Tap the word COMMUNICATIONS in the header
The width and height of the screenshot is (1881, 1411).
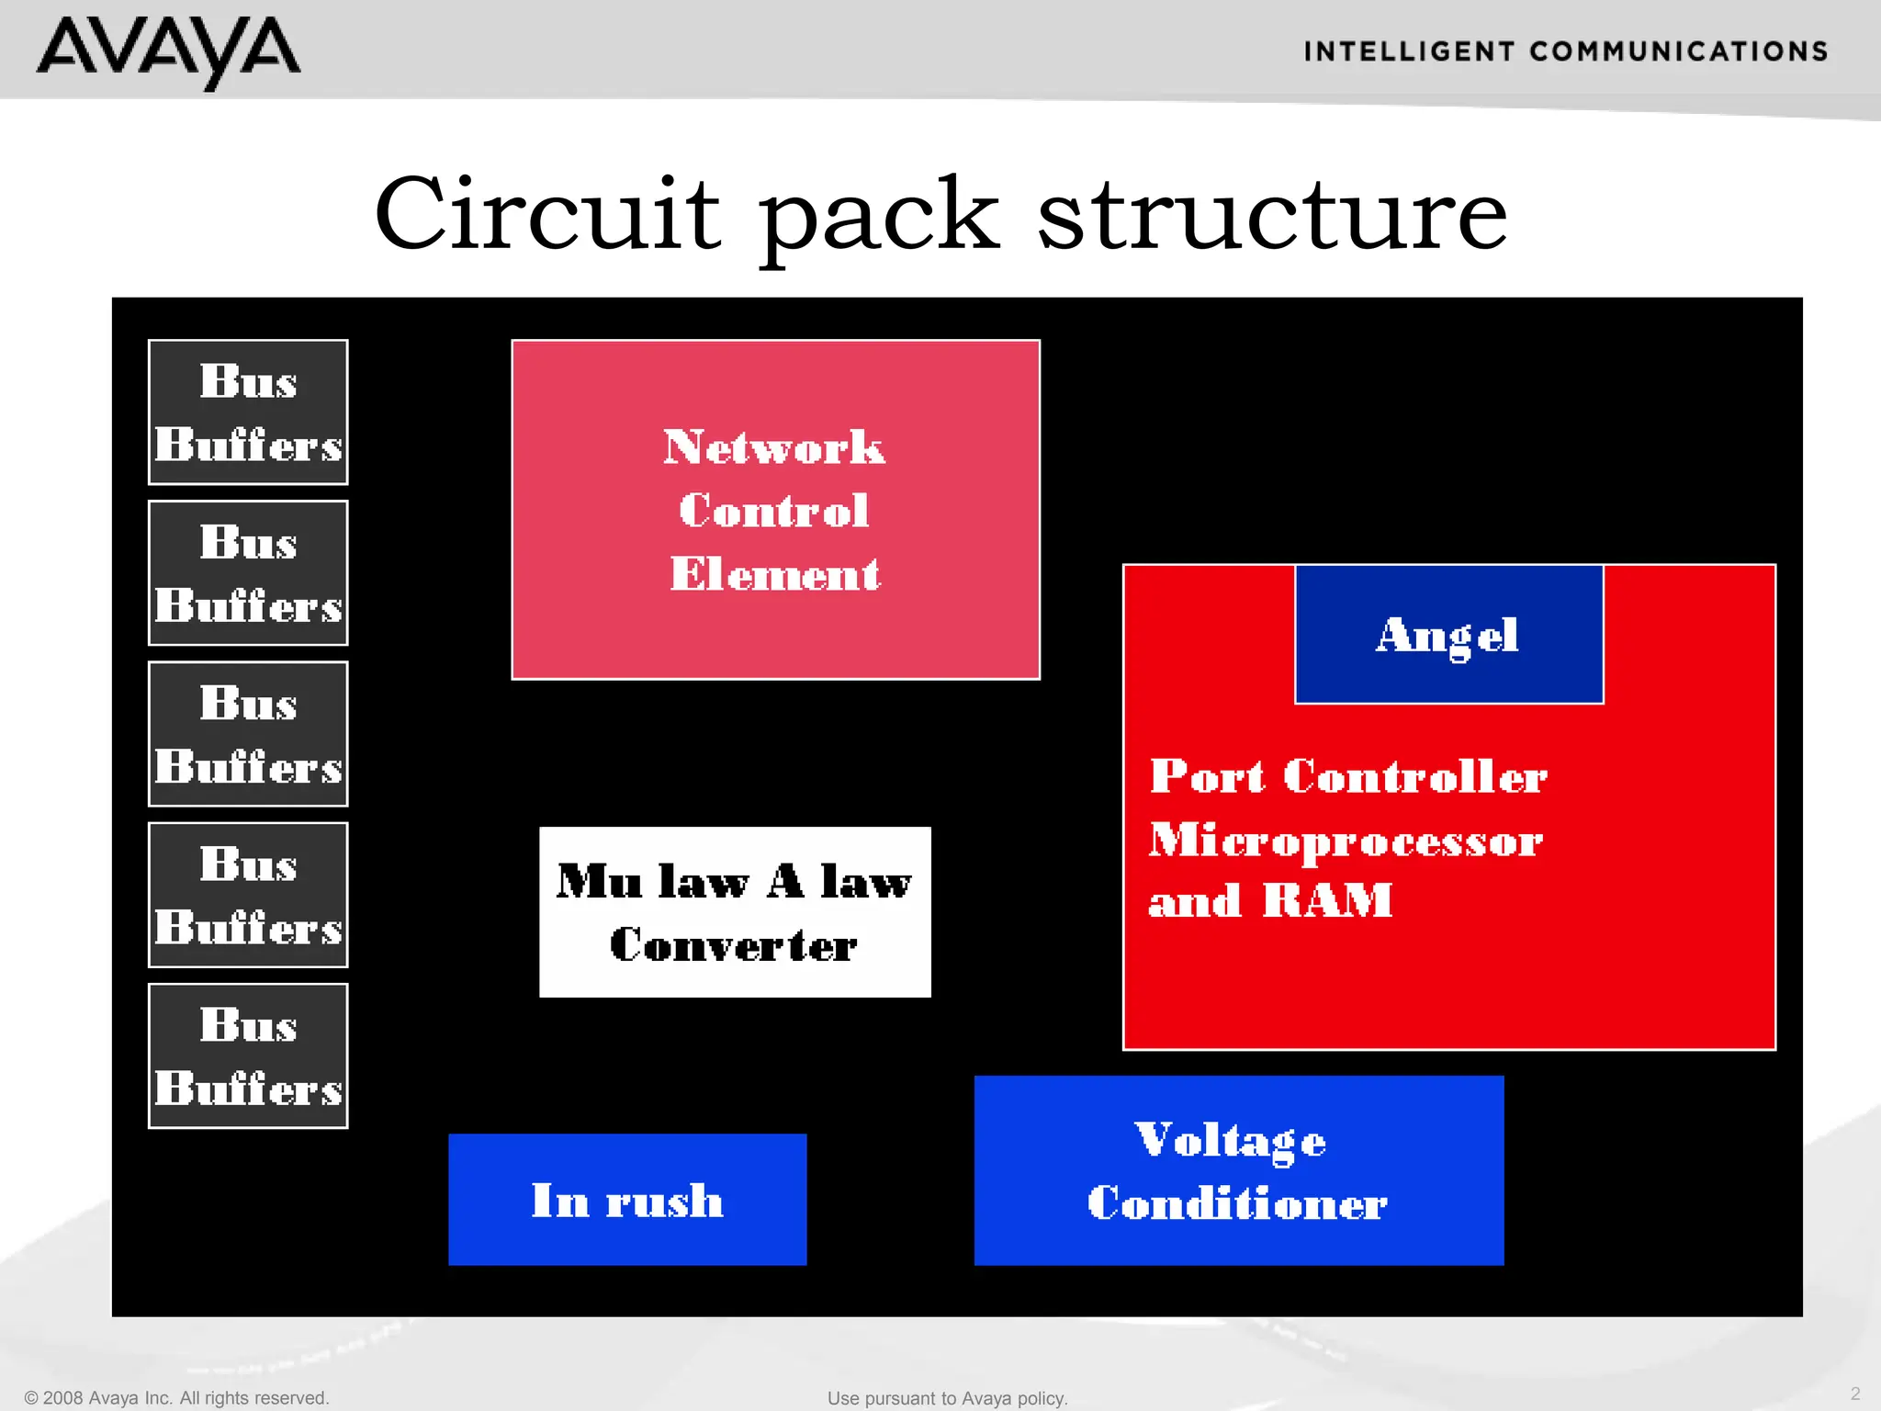(x=1679, y=51)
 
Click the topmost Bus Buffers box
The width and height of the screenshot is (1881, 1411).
(x=248, y=412)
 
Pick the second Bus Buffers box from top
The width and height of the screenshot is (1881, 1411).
(x=248, y=573)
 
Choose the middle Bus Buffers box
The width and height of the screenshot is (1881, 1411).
(x=248, y=734)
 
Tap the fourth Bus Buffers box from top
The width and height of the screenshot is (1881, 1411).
(x=248, y=895)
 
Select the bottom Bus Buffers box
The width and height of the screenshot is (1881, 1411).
(x=248, y=1056)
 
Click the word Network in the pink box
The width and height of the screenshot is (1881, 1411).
(x=774, y=447)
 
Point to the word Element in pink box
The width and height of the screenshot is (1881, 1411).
(x=774, y=574)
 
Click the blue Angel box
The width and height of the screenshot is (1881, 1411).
(x=1448, y=635)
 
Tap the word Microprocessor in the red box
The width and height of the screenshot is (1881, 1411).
(x=1346, y=841)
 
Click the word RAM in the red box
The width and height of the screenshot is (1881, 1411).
(x=1327, y=900)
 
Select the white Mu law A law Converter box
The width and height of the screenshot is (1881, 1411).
(x=735, y=912)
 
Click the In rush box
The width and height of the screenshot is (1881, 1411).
(x=627, y=1200)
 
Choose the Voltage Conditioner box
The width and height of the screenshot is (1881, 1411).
(x=1238, y=1170)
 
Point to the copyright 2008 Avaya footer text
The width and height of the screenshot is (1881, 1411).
(x=176, y=1397)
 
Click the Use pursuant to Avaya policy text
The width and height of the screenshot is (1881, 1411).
(x=947, y=1398)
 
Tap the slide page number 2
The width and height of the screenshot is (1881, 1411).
(x=1854, y=1394)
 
